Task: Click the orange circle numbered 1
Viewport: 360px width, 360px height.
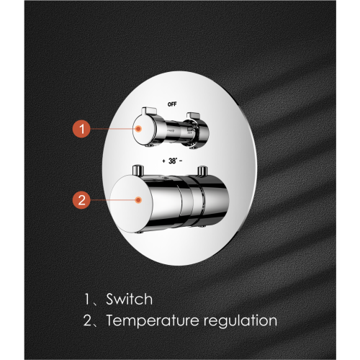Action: coord(81,129)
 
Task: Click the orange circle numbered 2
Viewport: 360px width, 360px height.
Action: coord(81,199)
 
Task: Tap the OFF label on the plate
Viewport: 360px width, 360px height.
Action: coord(172,104)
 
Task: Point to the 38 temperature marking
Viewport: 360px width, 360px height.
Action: coord(173,161)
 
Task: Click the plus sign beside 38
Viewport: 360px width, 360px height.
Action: coord(163,161)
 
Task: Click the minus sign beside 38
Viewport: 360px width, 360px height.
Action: coord(181,161)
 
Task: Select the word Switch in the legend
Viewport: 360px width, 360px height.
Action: coord(130,299)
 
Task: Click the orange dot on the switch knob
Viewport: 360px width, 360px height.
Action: coord(138,129)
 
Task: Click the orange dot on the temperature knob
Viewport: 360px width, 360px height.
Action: coord(138,200)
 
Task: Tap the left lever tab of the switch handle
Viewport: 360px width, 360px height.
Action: coord(149,111)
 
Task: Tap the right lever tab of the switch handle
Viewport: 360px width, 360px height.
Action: coord(193,115)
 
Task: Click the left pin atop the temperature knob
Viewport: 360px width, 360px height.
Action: coord(138,171)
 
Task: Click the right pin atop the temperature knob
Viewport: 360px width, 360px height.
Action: coord(202,171)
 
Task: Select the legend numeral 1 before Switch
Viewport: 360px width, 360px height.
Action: coord(87,300)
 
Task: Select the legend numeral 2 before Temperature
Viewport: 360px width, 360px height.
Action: coord(87,320)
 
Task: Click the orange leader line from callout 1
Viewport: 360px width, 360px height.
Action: coord(113,129)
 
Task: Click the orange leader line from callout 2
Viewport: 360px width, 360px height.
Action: coord(113,199)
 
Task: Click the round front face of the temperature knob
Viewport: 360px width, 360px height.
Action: coord(131,204)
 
